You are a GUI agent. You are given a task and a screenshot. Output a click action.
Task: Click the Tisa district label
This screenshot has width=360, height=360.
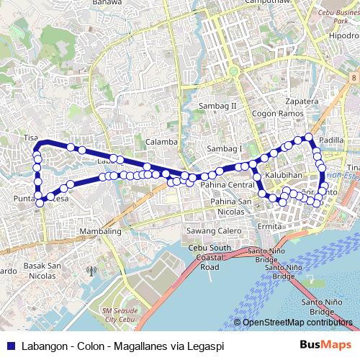coord(30,137)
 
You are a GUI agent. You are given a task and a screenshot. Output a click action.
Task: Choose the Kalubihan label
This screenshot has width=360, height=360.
coord(282,175)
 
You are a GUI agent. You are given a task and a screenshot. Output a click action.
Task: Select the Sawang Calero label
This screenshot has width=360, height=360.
coord(214,230)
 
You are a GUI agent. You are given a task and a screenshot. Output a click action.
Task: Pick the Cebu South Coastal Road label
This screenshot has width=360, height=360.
coord(209,257)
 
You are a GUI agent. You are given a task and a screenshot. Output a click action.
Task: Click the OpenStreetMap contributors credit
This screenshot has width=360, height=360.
coord(298,323)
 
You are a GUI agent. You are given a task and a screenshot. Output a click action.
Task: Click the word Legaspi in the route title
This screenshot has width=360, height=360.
coord(204,346)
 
